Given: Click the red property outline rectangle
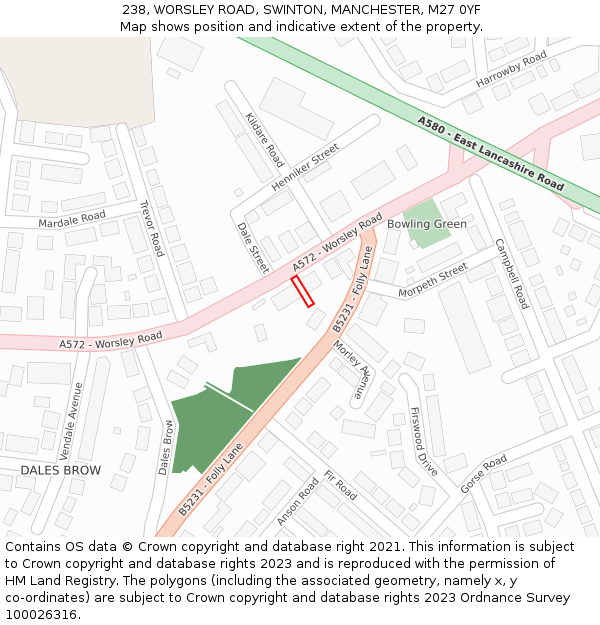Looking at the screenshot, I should pos(302,291).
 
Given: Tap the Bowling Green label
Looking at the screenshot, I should pos(426,224).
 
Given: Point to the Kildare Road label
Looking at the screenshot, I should pos(265,140).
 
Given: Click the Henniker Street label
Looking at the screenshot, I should pos(305,167).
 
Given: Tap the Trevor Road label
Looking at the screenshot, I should pos(151,228).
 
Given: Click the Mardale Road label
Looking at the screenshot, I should pos(72,218).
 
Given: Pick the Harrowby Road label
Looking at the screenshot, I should pos(511,67).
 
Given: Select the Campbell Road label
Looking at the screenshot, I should pos(511,273).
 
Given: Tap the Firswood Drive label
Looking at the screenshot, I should pos(424,440).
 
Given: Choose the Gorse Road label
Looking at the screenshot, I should pos(483,474).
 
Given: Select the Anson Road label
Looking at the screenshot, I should pos(297,501).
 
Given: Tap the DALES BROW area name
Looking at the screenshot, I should pos(61,469).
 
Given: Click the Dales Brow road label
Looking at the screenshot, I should pos(167,447).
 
